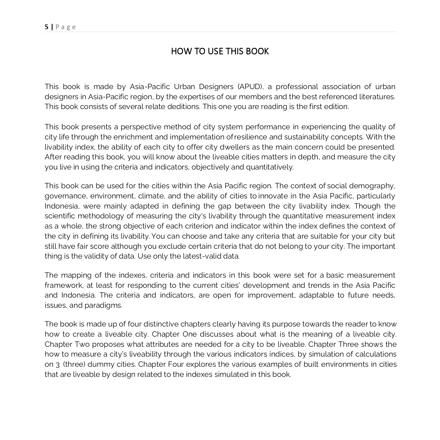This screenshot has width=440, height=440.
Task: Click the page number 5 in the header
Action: point(46,27)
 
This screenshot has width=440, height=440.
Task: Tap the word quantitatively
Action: point(270,167)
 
